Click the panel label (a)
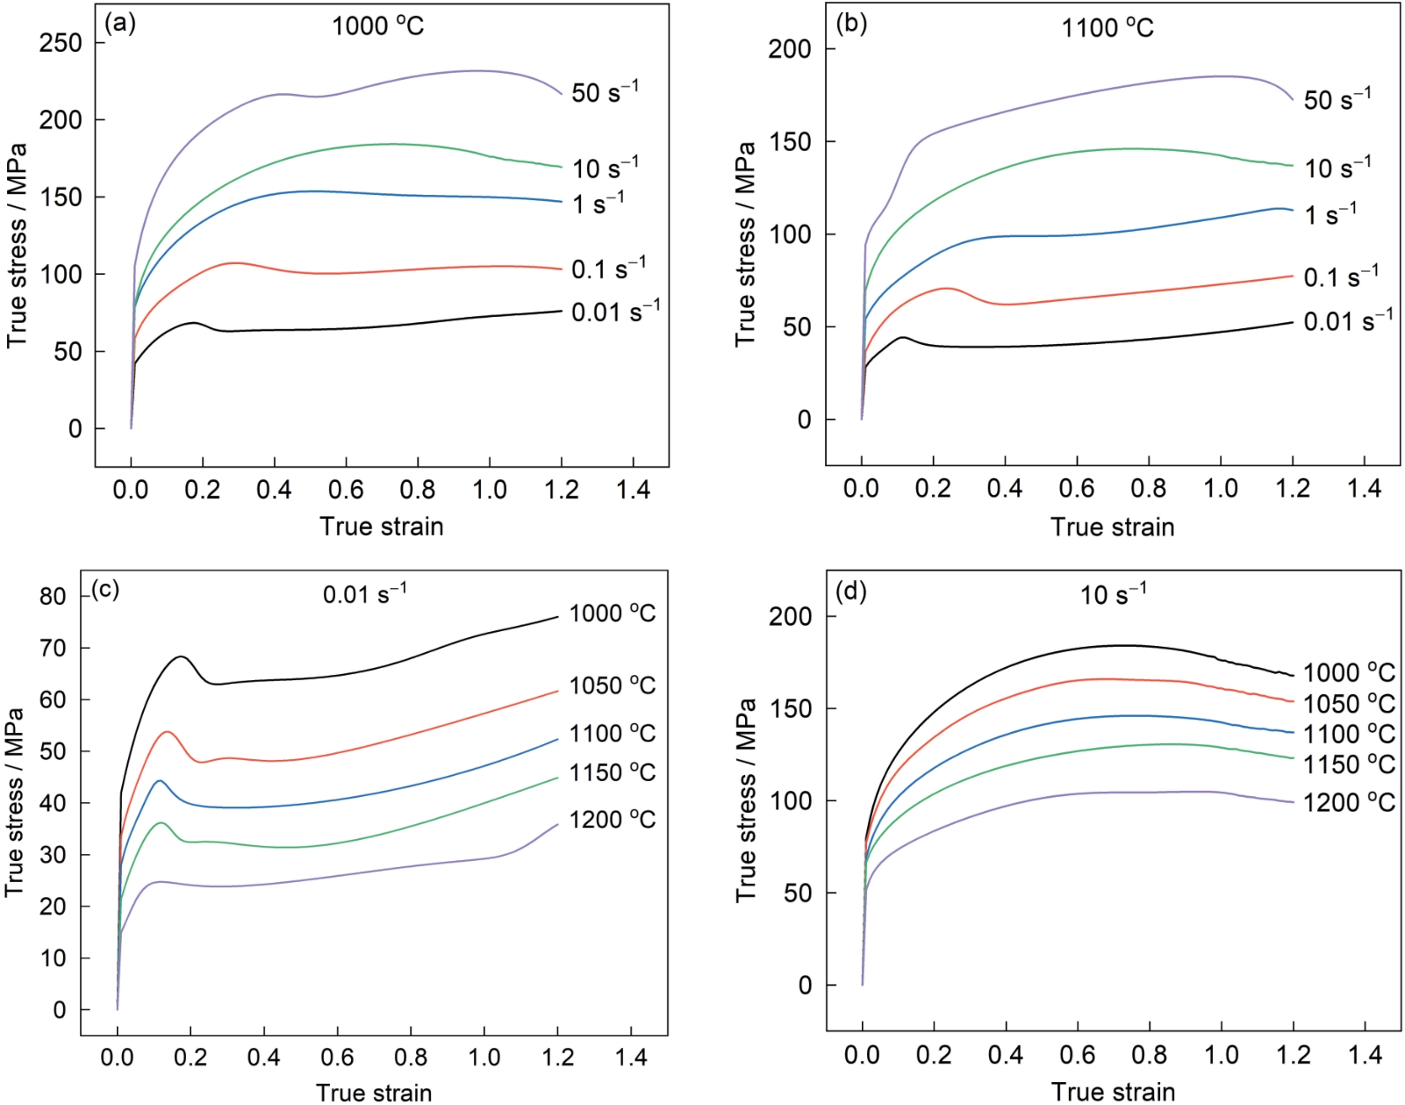tap(119, 24)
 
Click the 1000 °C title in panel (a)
tap(377, 25)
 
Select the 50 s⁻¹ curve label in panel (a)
tap(605, 91)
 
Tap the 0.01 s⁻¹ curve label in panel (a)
tap(615, 311)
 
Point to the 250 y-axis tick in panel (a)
tap(61, 43)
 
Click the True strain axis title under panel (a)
tap(382, 527)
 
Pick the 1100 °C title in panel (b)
tap(1108, 28)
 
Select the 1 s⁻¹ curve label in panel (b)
tap(1330, 213)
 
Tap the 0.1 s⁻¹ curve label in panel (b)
tap(1340, 276)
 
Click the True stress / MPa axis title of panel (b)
tap(745, 244)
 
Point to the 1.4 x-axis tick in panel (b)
tap(1364, 489)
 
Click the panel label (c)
tap(105, 589)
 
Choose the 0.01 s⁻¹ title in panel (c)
tap(364, 594)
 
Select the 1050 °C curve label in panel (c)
tap(612, 685)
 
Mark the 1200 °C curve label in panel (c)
tap(612, 820)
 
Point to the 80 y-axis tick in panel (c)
tap(54, 596)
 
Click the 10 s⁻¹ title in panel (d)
tap(1112, 594)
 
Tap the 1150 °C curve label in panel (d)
tap(1348, 764)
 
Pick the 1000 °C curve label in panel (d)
tap(1348, 673)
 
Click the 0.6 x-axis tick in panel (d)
tap(1077, 1055)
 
